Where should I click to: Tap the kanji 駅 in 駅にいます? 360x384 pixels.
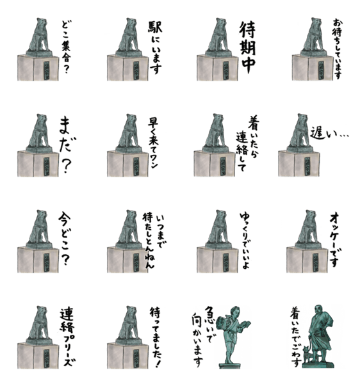point(155,27)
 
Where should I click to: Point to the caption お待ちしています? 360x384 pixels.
point(338,49)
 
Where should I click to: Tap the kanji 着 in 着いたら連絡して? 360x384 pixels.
point(254,123)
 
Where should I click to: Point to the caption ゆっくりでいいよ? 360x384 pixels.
point(246,241)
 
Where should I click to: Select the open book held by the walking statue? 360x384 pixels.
point(245,324)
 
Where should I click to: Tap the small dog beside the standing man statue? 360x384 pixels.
point(307,354)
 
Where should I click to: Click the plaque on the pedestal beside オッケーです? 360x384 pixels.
point(315,262)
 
